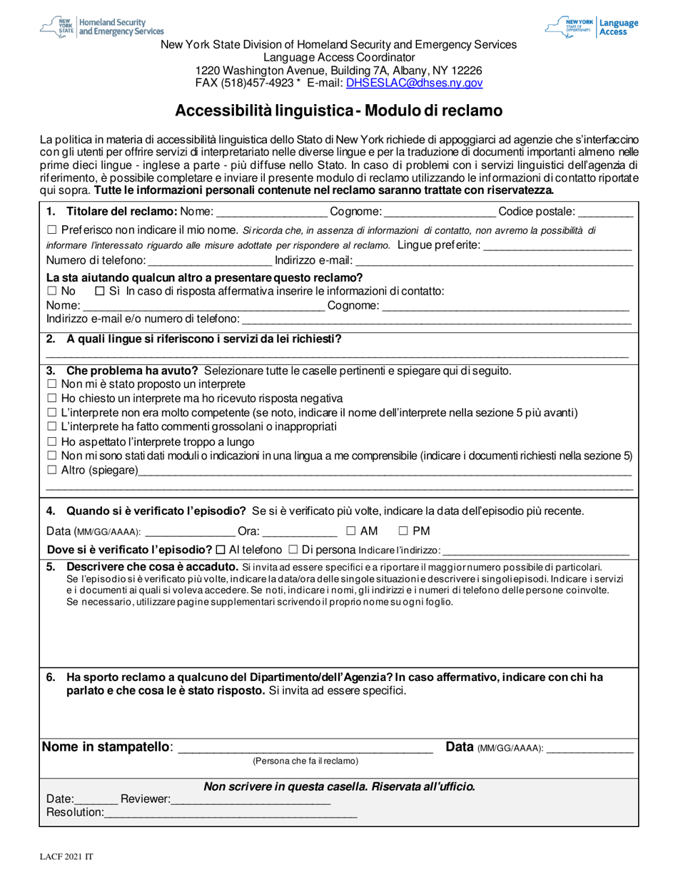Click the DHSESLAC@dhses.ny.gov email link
[414, 83]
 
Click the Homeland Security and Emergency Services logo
[102, 27]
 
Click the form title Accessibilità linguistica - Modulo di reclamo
[339, 111]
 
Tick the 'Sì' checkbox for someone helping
[99, 291]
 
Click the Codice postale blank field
[605, 212]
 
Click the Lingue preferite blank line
[557, 246]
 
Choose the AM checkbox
[351, 530]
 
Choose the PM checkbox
[403, 530]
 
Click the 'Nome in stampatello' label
[107, 747]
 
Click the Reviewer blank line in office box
[251, 800]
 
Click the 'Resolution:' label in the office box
[75, 813]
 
